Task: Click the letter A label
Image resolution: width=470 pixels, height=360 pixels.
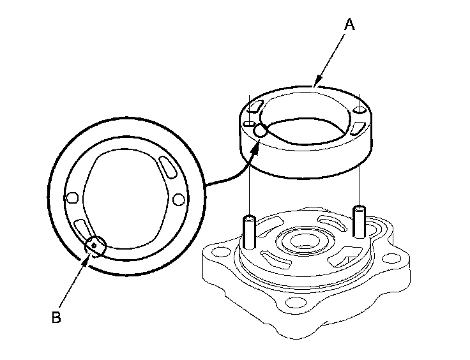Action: click(x=349, y=25)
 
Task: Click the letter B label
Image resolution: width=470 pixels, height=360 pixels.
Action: click(x=56, y=317)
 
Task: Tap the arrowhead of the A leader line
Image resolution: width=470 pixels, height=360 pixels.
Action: click(x=315, y=83)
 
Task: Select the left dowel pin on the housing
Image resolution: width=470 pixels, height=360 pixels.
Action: click(x=249, y=231)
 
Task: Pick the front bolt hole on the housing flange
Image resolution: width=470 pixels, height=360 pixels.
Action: click(x=294, y=302)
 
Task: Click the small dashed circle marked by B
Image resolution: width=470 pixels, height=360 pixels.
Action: click(x=95, y=244)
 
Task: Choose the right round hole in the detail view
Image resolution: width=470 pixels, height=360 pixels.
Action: click(x=178, y=200)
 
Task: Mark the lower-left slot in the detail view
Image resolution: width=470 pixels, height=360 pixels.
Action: click(x=82, y=227)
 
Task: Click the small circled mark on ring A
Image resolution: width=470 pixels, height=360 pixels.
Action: click(x=260, y=130)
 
